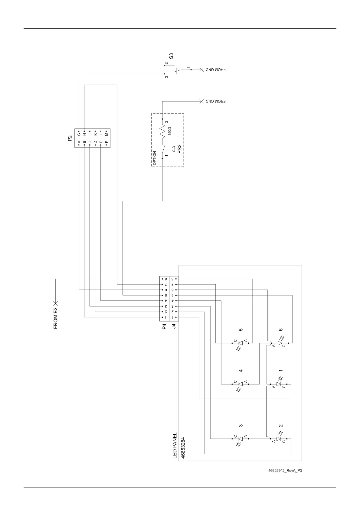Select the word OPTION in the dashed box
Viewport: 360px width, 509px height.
(x=155, y=158)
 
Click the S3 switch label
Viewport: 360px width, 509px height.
(x=171, y=56)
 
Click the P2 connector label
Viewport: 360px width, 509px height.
(x=70, y=139)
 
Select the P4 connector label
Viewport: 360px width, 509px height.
(x=164, y=326)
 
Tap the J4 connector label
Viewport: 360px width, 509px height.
(x=174, y=326)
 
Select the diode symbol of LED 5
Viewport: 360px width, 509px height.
(x=241, y=343)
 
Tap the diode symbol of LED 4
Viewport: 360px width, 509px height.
(x=241, y=384)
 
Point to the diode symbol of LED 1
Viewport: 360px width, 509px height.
(x=279, y=384)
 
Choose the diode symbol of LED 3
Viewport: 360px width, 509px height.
(x=241, y=439)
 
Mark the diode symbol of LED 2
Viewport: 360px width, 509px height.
(x=279, y=439)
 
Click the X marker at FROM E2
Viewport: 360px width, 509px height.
(x=56, y=303)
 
